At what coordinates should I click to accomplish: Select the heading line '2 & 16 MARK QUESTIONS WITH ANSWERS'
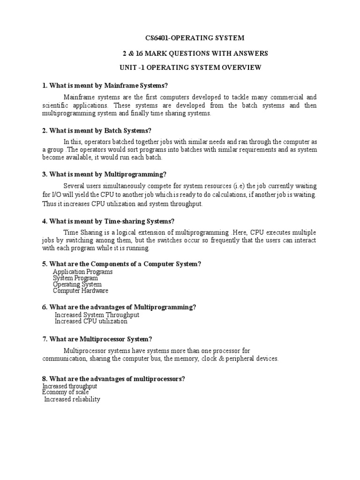click(x=194, y=53)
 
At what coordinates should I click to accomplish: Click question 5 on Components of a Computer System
click(x=121, y=264)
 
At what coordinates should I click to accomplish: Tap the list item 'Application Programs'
click(x=82, y=272)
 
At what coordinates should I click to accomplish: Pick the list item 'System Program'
click(x=75, y=278)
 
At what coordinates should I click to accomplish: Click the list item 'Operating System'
click(x=77, y=284)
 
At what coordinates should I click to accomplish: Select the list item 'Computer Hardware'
click(x=81, y=291)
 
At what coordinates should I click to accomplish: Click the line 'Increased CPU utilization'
click(x=91, y=322)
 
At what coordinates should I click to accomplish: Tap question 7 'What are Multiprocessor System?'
click(x=97, y=339)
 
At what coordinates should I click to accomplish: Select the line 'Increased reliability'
click(x=72, y=399)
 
